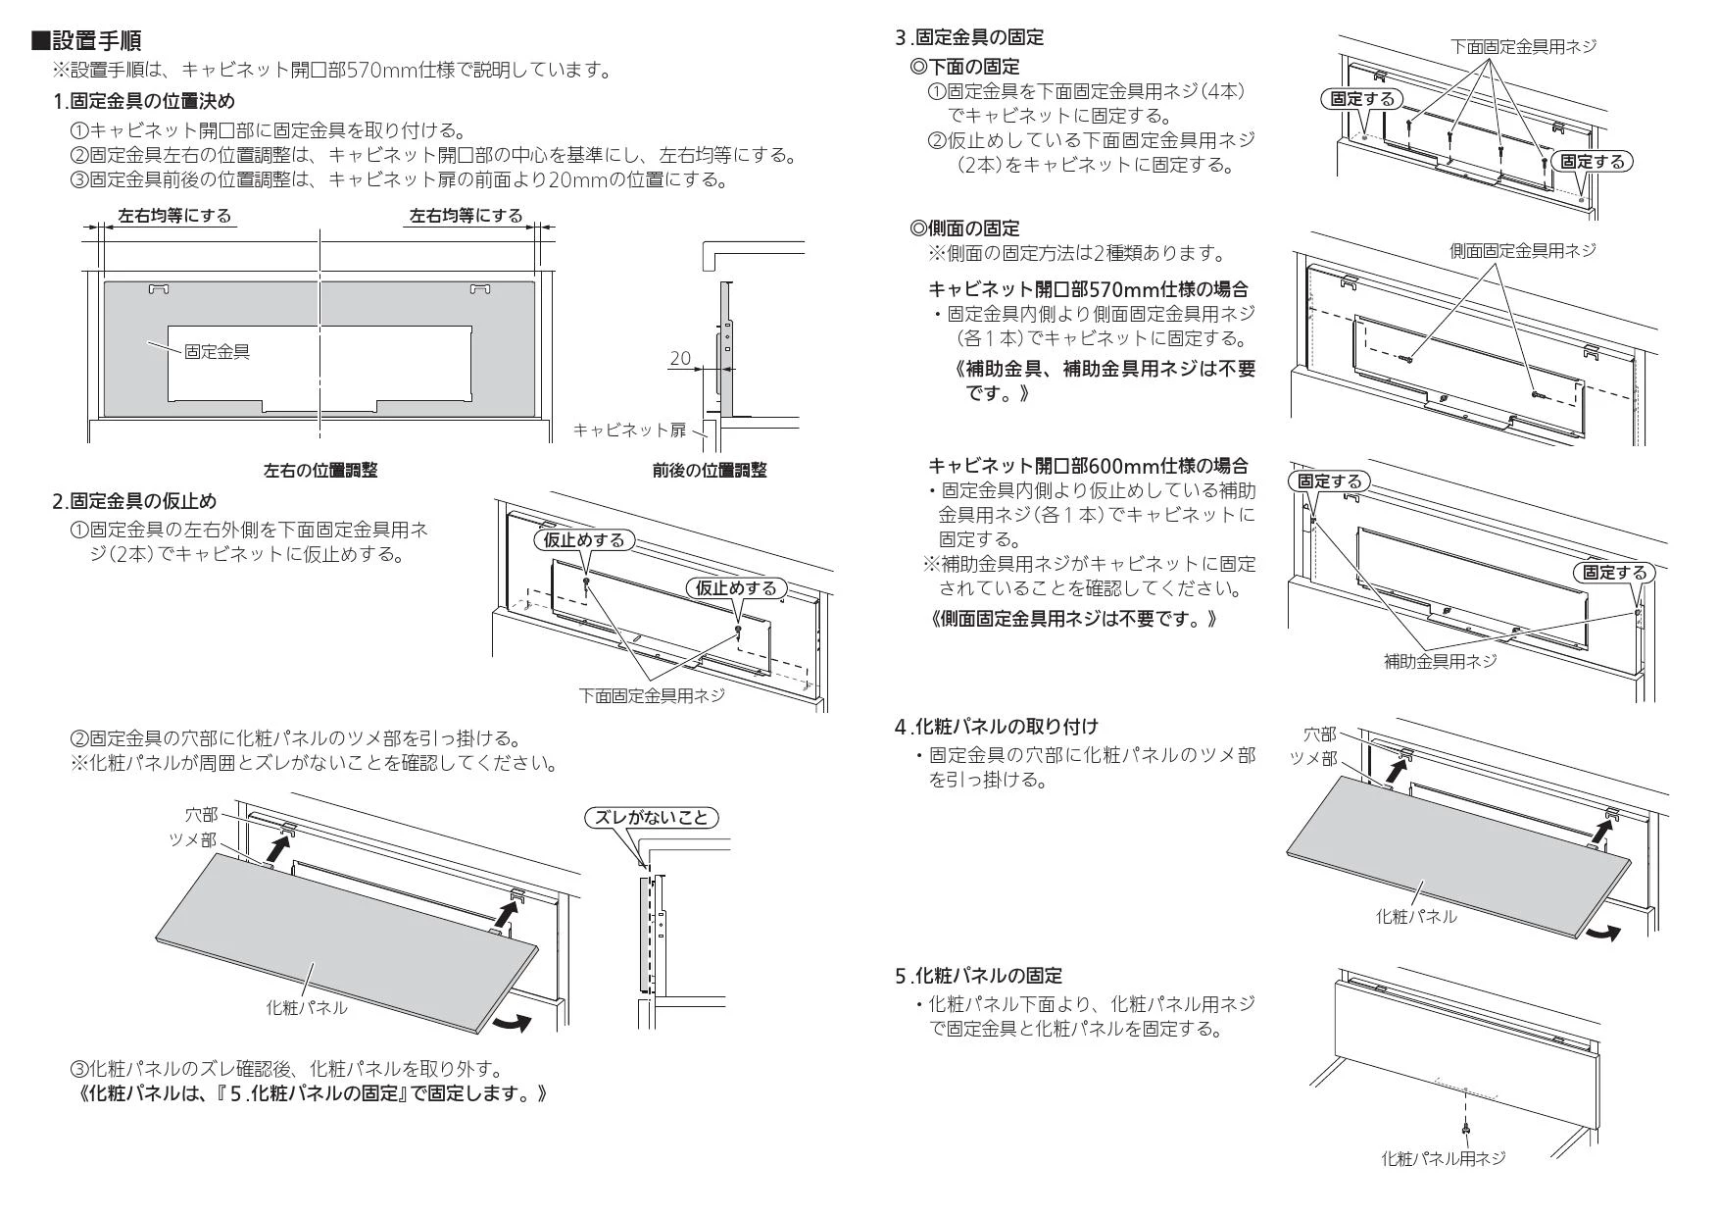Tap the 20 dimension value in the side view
680,359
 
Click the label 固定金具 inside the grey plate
217,351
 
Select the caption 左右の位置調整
319,471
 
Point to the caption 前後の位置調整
710,471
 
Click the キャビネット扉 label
628,430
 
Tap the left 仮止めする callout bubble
583,540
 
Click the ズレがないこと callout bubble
651,817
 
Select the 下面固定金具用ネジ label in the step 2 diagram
651,695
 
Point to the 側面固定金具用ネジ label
1522,251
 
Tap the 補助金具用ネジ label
1440,661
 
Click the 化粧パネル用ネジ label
1443,1159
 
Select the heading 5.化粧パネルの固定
978,976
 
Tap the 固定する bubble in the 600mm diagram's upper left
1330,481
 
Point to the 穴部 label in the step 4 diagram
1319,734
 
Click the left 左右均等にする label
175,216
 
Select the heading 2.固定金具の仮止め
134,501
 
